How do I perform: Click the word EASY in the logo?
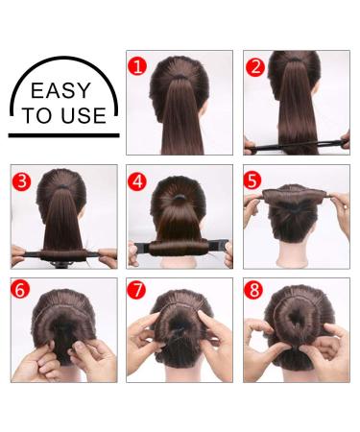click(x=60, y=92)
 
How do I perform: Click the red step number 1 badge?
click(x=137, y=66)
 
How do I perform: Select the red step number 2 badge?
click(x=254, y=66)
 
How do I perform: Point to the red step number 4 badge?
click(x=138, y=180)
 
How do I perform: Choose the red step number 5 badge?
click(x=254, y=180)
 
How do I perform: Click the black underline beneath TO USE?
click(x=64, y=134)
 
